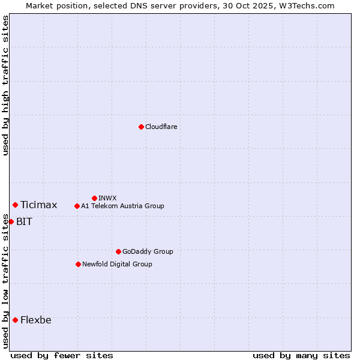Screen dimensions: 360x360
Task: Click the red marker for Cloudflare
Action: (141, 127)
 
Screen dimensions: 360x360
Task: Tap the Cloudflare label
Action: (161, 127)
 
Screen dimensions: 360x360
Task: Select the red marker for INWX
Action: (94, 198)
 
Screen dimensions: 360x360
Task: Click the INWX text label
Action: (107, 198)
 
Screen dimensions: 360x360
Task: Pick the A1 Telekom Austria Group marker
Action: (77, 206)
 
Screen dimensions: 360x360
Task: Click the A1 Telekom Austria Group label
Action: (122, 206)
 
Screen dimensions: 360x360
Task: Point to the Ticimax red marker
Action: (15, 205)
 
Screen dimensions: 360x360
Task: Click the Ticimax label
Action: (38, 205)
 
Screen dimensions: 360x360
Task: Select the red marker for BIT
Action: (11, 221)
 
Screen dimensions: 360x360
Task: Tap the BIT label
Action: (24, 222)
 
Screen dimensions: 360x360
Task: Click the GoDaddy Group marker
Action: (118, 251)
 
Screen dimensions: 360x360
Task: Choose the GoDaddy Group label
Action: (148, 251)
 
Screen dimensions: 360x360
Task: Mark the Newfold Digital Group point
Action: (78, 264)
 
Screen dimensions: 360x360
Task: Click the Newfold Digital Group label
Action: (117, 264)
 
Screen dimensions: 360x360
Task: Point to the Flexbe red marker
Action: (15, 320)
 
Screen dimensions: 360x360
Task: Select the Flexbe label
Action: (35, 320)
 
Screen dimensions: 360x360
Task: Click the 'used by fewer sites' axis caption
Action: (62, 355)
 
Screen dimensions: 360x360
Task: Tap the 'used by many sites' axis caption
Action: (301, 355)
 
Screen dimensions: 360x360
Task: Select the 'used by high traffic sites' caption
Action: (5, 85)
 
